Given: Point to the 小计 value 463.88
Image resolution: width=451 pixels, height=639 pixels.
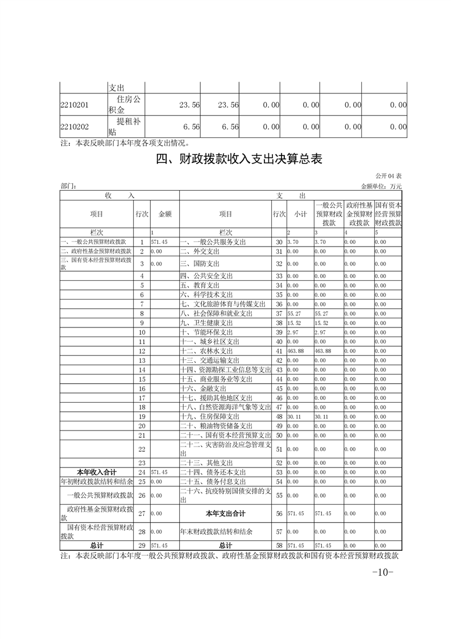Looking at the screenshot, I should [296, 351].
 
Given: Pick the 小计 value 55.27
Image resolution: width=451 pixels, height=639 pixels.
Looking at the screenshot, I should [295, 313].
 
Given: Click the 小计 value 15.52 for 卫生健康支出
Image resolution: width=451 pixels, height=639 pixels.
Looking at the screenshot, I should [295, 323].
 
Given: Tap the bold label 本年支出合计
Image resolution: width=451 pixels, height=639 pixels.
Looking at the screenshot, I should [225, 514].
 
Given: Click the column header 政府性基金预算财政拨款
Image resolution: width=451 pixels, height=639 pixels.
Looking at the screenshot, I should [358, 214].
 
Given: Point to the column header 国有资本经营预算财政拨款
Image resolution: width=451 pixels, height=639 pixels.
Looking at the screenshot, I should [388, 214].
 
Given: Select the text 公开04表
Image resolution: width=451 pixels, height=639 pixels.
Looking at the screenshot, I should [388, 176].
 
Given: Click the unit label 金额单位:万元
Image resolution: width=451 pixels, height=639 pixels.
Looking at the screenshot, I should [381, 186].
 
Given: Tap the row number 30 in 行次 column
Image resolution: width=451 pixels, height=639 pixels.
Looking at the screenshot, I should [279, 243].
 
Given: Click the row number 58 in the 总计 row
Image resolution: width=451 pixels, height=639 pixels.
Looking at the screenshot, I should [279, 545].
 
